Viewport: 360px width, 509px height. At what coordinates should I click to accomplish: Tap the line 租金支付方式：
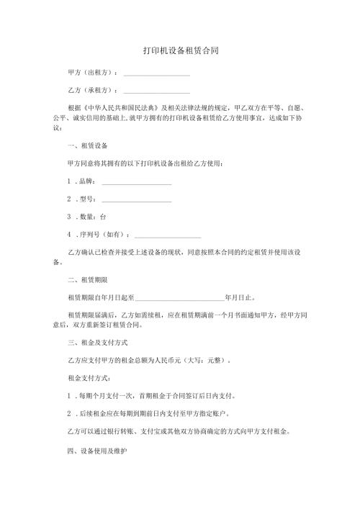coord(86,377)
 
